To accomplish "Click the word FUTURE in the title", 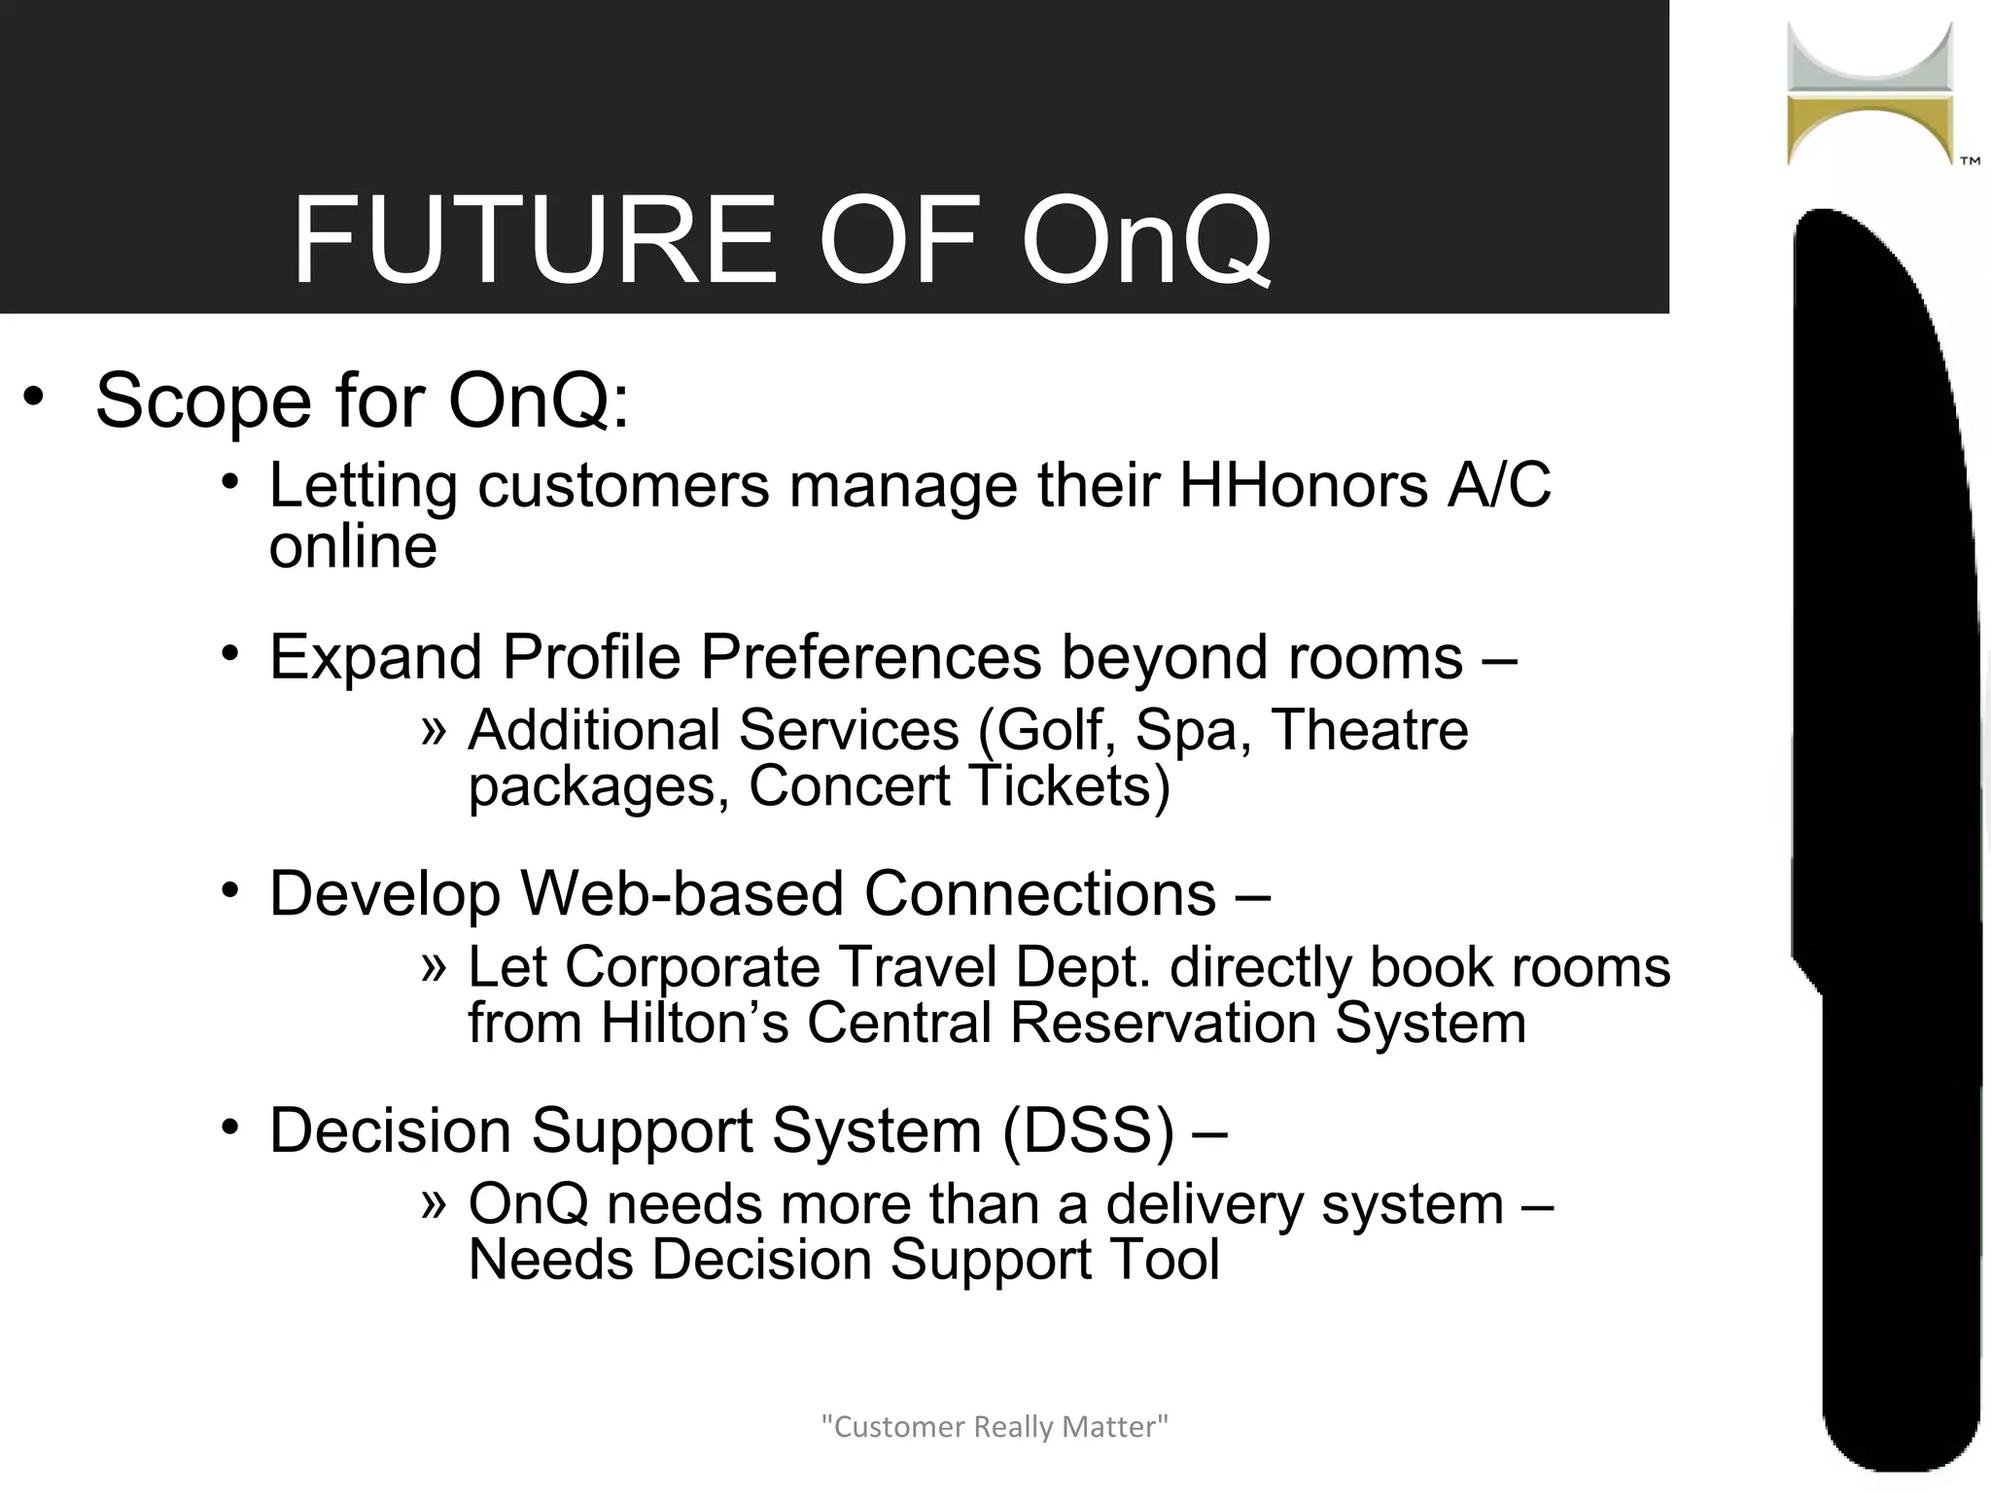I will pos(536,241).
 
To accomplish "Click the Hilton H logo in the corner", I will pos(1869,94).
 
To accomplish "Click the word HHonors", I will pos(1303,485).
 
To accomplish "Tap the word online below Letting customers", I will pos(353,546).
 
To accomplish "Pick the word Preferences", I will pos(870,657).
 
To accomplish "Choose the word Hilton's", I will pos(694,1023).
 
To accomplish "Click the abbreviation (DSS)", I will pos(1088,1130).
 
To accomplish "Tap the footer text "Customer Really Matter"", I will pos(995,1427).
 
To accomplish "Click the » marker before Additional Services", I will pos(434,729).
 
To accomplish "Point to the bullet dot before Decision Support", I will pos(229,1128).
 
